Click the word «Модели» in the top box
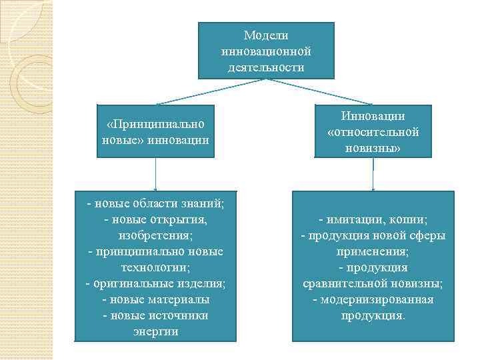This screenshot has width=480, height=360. coord(266,35)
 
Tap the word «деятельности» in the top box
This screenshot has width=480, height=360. coord(266,67)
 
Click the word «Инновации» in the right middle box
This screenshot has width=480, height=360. coord(373,116)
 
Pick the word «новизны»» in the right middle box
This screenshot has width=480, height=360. coord(373,148)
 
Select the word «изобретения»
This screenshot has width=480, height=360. coord(155,235)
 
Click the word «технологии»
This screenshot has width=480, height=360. coord(155,267)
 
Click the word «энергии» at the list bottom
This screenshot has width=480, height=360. coord(155,331)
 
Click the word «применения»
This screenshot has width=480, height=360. coord(373,251)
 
